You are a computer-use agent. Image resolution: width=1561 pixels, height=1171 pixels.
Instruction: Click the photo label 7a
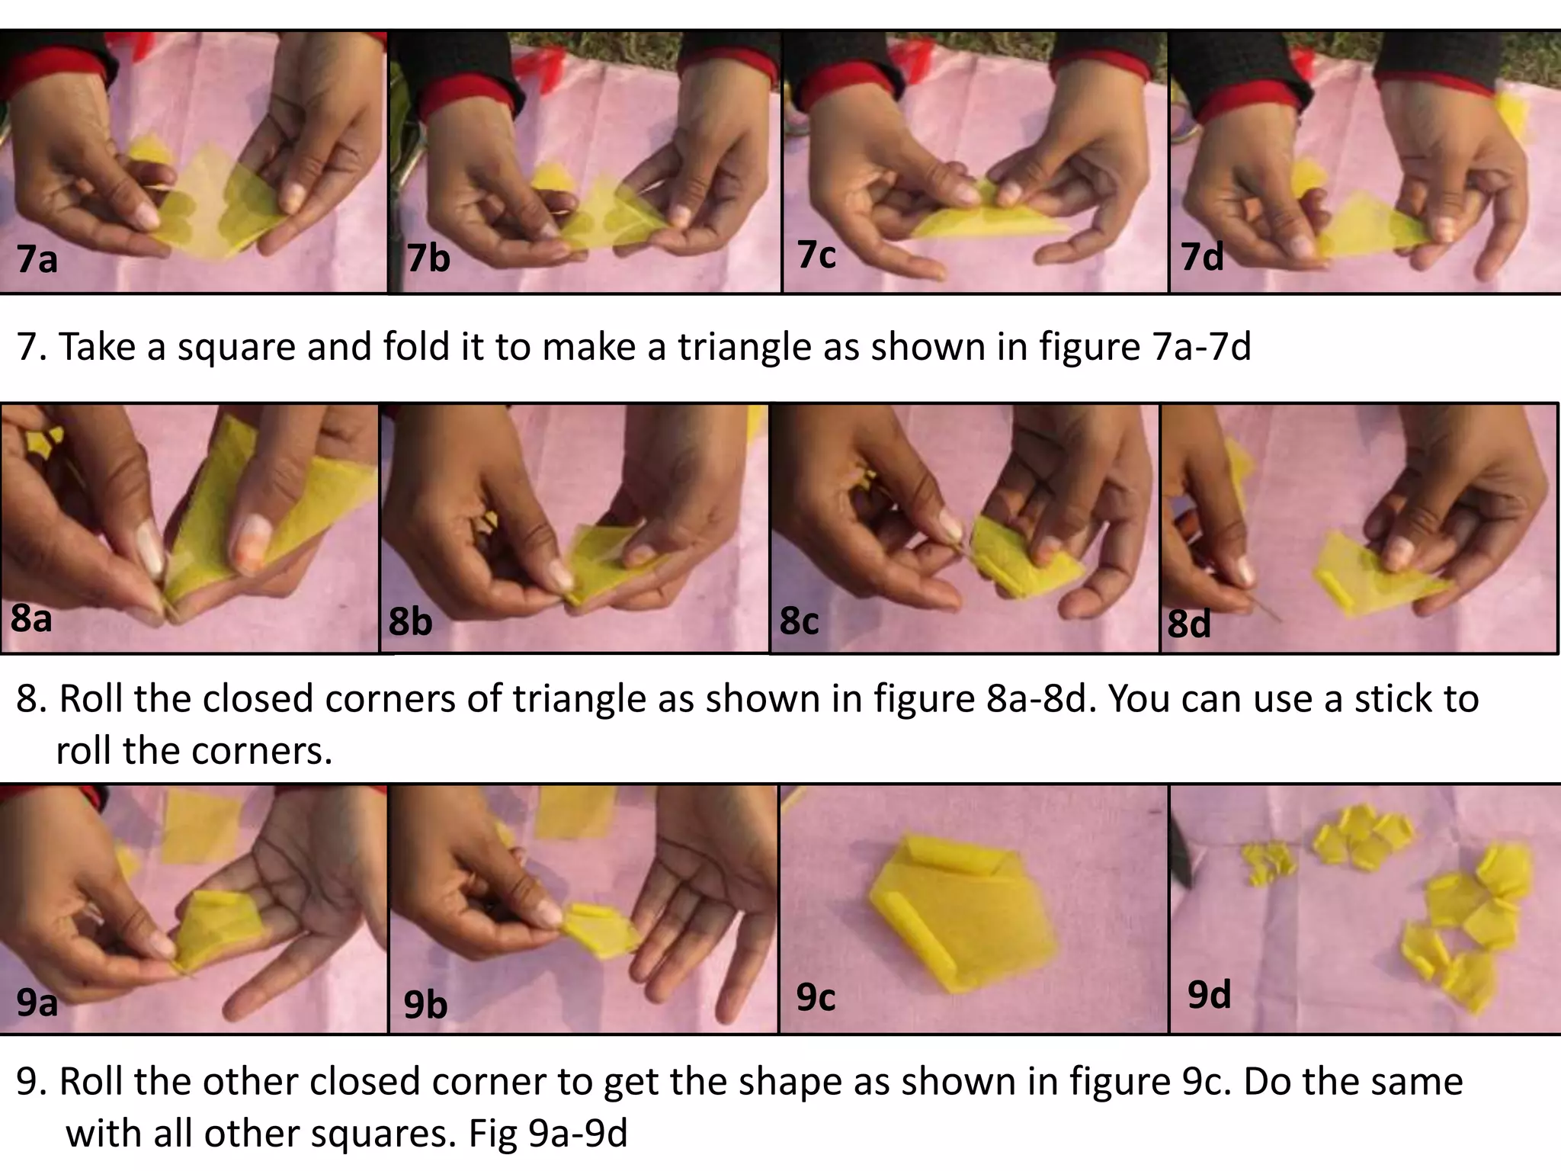click(x=37, y=259)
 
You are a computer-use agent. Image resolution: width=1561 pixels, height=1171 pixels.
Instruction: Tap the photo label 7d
click(x=1202, y=256)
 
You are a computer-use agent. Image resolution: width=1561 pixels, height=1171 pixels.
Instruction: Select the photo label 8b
click(x=410, y=621)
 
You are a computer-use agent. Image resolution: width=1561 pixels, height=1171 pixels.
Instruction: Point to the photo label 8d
click(x=1189, y=624)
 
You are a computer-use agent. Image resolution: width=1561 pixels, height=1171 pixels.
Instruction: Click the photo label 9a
click(x=37, y=1002)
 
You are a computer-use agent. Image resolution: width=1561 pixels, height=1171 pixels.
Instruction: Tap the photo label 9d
click(x=1209, y=994)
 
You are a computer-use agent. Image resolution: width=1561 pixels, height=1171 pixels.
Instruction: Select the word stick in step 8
click(x=1389, y=698)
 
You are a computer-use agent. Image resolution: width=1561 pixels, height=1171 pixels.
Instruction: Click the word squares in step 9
click(x=383, y=1134)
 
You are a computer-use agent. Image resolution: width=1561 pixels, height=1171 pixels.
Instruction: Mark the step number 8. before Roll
click(x=30, y=698)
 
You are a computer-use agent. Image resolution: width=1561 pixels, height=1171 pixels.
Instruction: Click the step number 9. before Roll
click(x=30, y=1082)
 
